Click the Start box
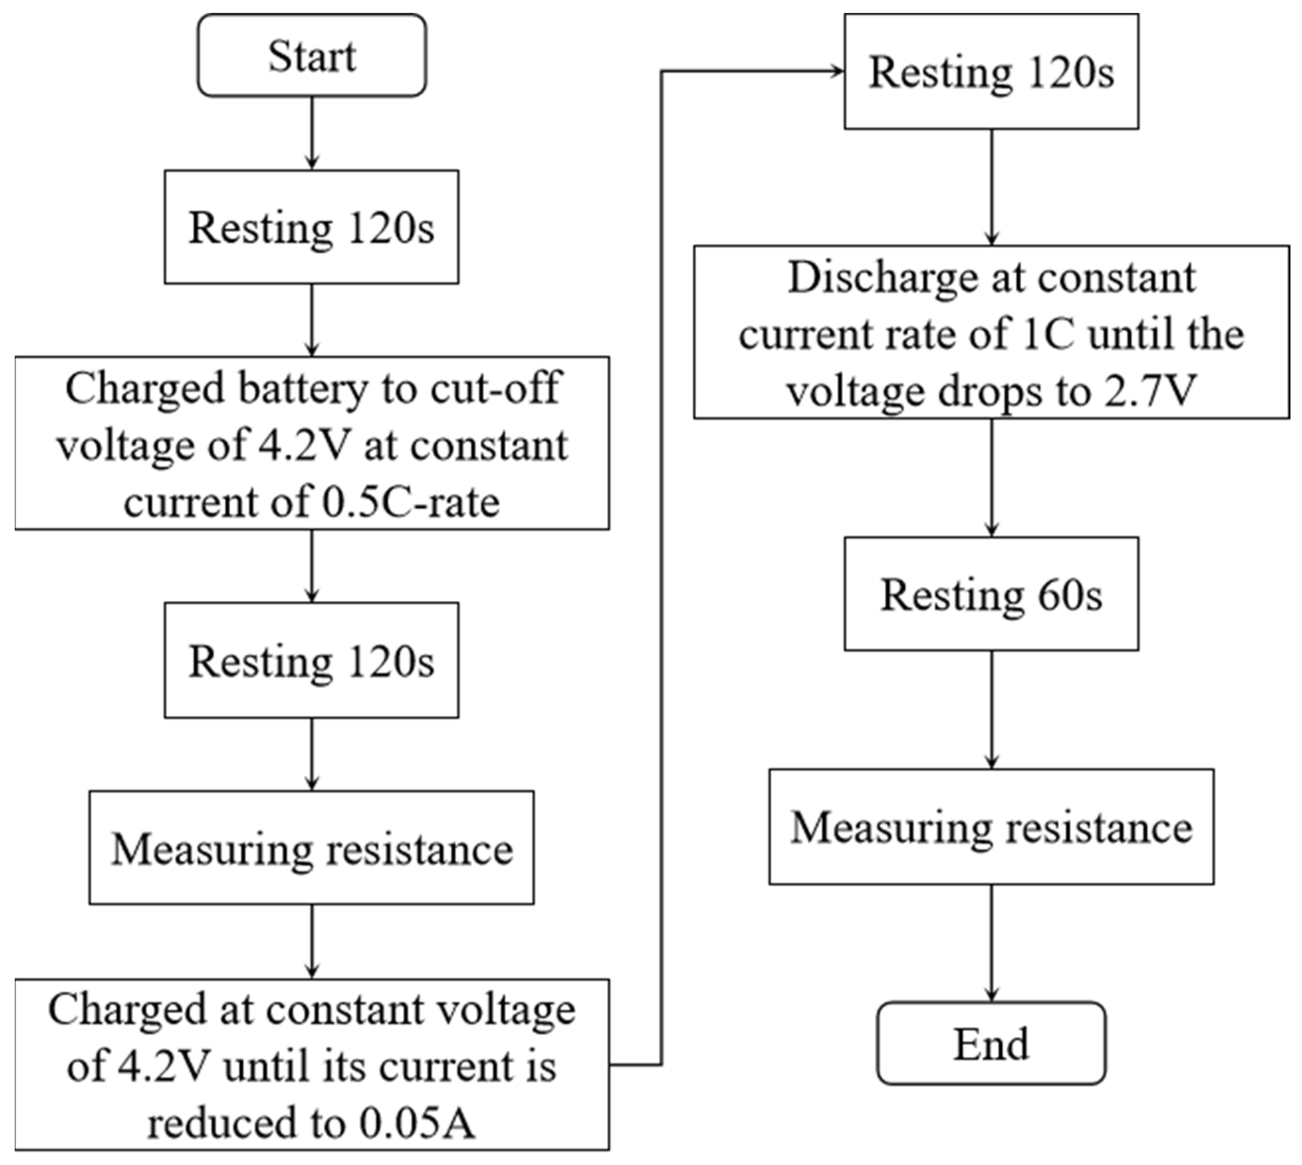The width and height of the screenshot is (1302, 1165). (312, 56)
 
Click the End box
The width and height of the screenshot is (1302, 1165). (990, 1044)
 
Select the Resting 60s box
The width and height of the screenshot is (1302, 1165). (990, 595)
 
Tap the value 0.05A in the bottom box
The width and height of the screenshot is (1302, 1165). (417, 1123)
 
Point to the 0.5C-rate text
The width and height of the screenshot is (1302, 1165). (410, 502)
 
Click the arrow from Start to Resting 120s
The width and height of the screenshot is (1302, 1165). (312, 133)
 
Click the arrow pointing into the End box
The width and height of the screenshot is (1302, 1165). (992, 943)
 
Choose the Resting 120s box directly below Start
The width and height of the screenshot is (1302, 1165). (312, 227)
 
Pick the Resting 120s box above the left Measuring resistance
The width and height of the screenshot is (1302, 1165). (312, 661)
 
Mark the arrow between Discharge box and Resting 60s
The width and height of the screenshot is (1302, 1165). (992, 478)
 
